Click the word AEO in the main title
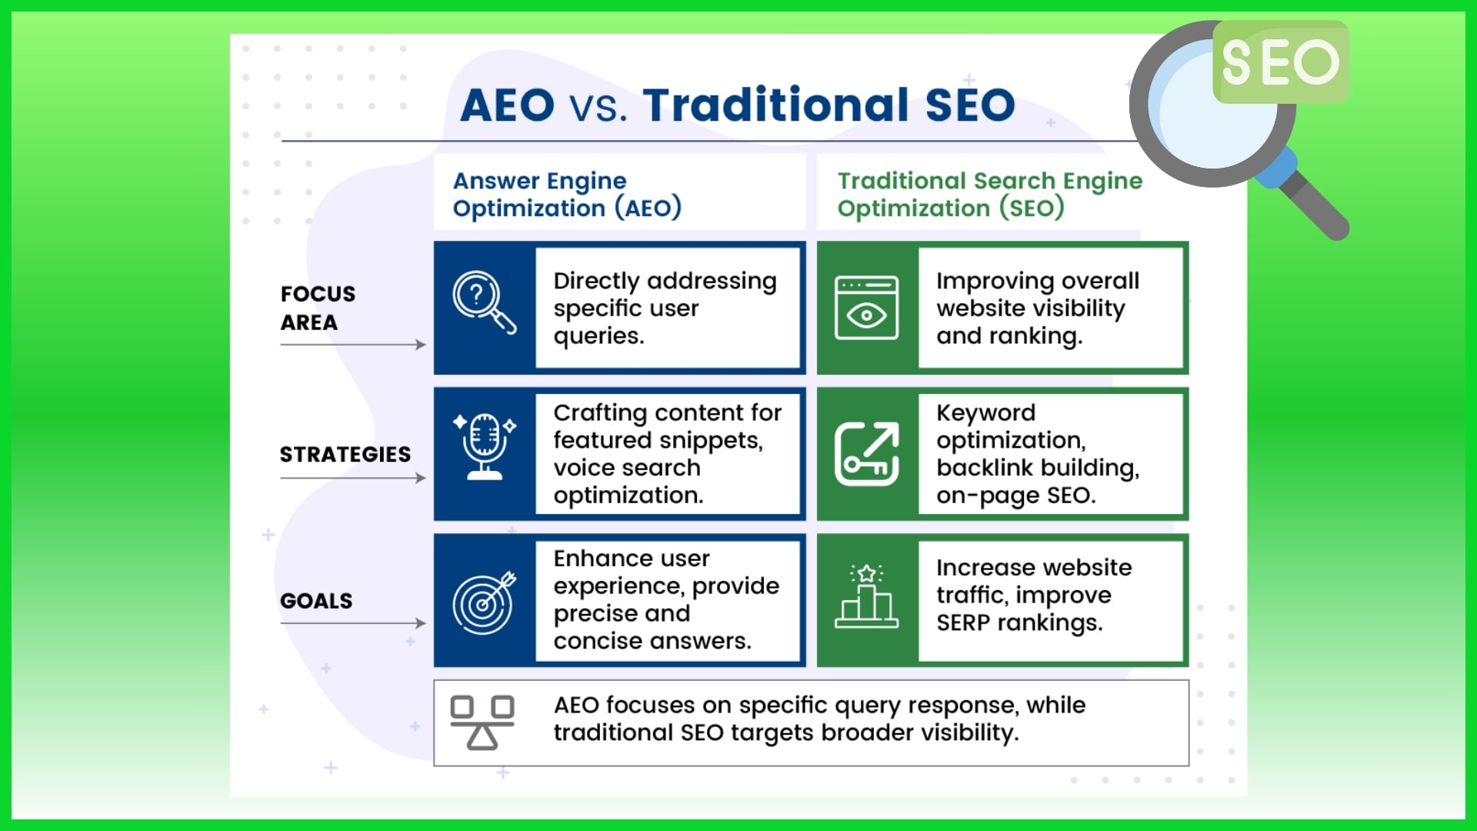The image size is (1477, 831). coord(507,105)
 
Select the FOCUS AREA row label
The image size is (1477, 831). coord(318,308)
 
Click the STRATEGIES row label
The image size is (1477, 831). coord(345,454)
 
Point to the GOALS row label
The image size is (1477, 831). coord(316,600)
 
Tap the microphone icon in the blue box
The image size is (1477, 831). coord(485,446)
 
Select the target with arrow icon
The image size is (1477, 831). coord(484,602)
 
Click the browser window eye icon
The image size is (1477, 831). coord(867,308)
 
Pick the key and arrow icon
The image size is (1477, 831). coord(867,454)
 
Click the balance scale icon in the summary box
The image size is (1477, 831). coord(482,723)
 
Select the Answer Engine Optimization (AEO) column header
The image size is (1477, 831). coord(567,194)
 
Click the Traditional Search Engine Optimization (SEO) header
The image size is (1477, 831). coord(990,194)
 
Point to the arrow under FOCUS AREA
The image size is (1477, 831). coord(353,345)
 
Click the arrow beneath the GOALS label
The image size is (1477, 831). coord(353,623)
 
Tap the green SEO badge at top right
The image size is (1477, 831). coord(1281,62)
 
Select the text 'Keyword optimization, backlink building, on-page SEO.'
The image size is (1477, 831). coord(1038,454)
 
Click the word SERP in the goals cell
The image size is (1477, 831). coord(964,622)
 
